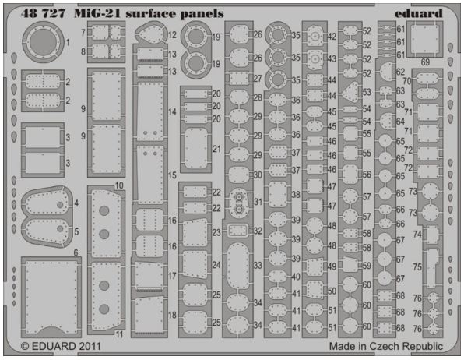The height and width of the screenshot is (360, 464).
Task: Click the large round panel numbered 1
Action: pyautogui.click(x=43, y=42)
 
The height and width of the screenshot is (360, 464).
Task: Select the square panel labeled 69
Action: pyautogui.click(x=424, y=38)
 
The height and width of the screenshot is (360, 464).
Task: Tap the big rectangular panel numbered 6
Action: pyautogui.click(x=51, y=297)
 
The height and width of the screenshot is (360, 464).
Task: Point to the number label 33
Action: pyautogui.click(x=258, y=265)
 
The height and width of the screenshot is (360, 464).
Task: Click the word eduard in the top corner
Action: pyautogui.click(x=418, y=13)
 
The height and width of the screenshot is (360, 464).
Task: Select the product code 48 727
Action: pyautogui.click(x=43, y=13)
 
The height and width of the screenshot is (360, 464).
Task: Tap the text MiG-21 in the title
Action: pyautogui.click(x=98, y=13)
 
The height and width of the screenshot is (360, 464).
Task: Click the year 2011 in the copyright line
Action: pyautogui.click(x=90, y=346)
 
